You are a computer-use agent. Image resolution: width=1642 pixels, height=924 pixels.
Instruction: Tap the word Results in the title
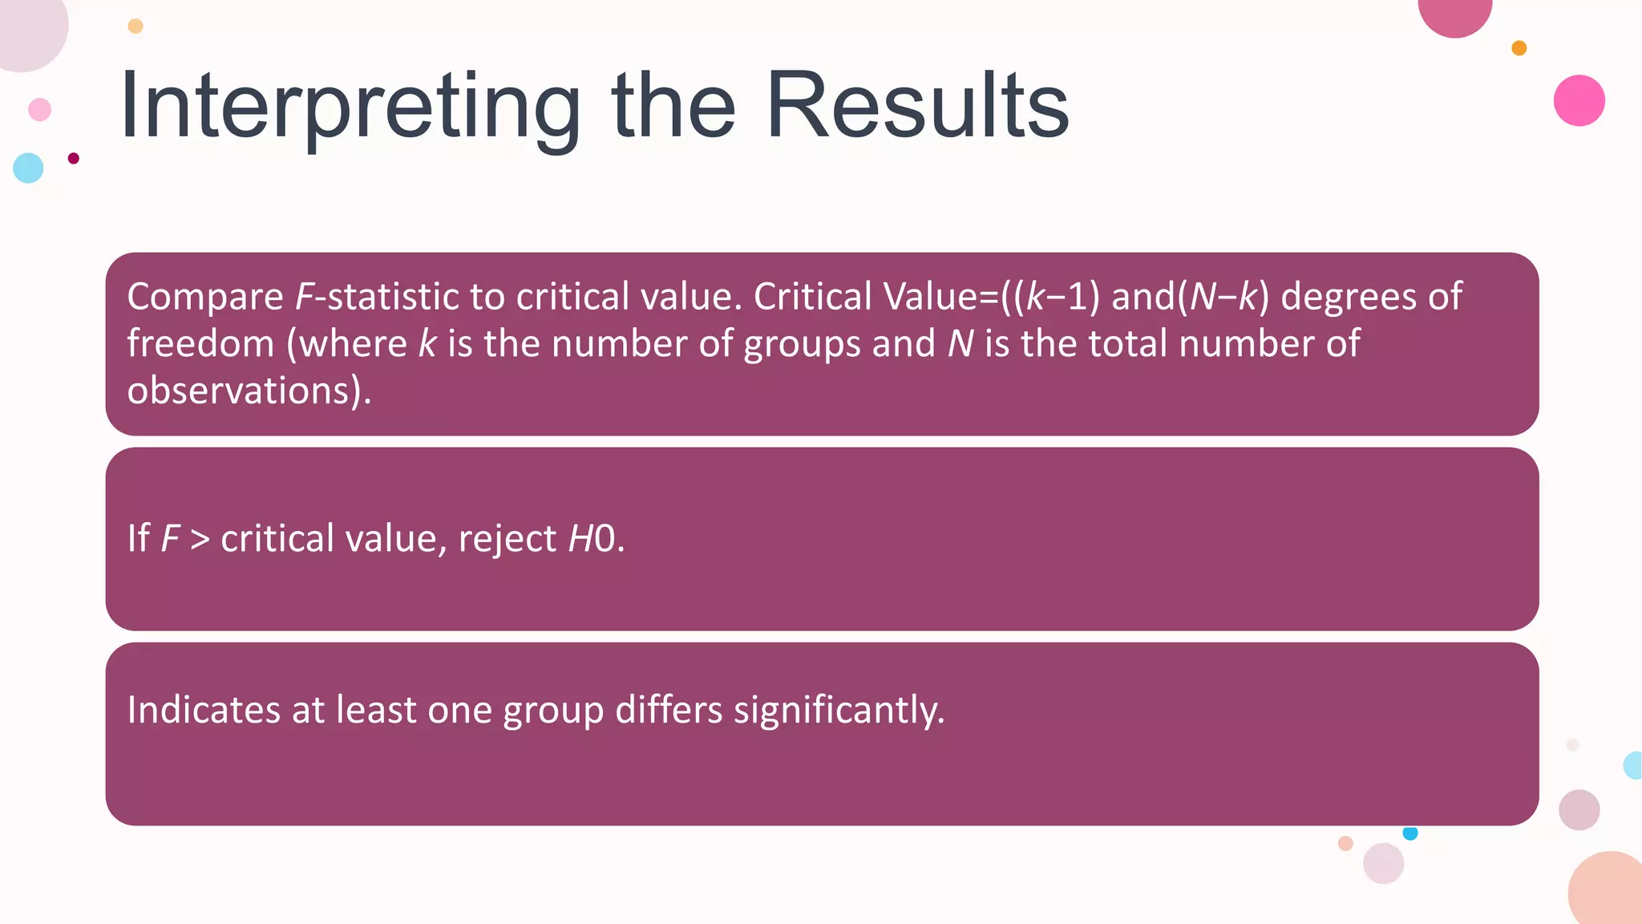pos(917,106)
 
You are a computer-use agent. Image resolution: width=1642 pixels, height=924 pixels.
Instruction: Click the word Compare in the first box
pos(205,297)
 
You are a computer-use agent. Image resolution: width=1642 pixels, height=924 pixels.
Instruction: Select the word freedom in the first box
pos(200,343)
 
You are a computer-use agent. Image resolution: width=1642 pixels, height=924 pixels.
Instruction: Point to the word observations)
pos(249,391)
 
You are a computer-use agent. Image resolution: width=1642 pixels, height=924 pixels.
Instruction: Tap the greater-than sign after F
pos(200,538)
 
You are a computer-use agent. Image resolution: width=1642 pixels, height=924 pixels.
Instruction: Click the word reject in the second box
pos(507,538)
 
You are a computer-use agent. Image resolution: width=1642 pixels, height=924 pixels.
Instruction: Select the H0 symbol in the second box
pos(592,538)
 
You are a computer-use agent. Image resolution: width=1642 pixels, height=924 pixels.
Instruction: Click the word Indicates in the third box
pos(204,710)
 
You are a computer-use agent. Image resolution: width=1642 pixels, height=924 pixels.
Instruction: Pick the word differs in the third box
pos(669,710)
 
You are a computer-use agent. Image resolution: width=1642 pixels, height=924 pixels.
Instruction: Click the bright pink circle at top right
pos(1579,100)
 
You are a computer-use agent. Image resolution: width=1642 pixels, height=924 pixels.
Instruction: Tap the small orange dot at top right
pos(1519,48)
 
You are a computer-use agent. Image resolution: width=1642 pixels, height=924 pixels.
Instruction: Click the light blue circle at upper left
pos(28,168)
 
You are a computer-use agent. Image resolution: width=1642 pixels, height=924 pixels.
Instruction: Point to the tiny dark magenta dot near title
pos(74,158)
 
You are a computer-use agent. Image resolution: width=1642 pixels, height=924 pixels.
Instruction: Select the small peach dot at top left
pos(135,26)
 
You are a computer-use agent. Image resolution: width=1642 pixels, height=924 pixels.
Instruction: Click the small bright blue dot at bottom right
pos(1410,833)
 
